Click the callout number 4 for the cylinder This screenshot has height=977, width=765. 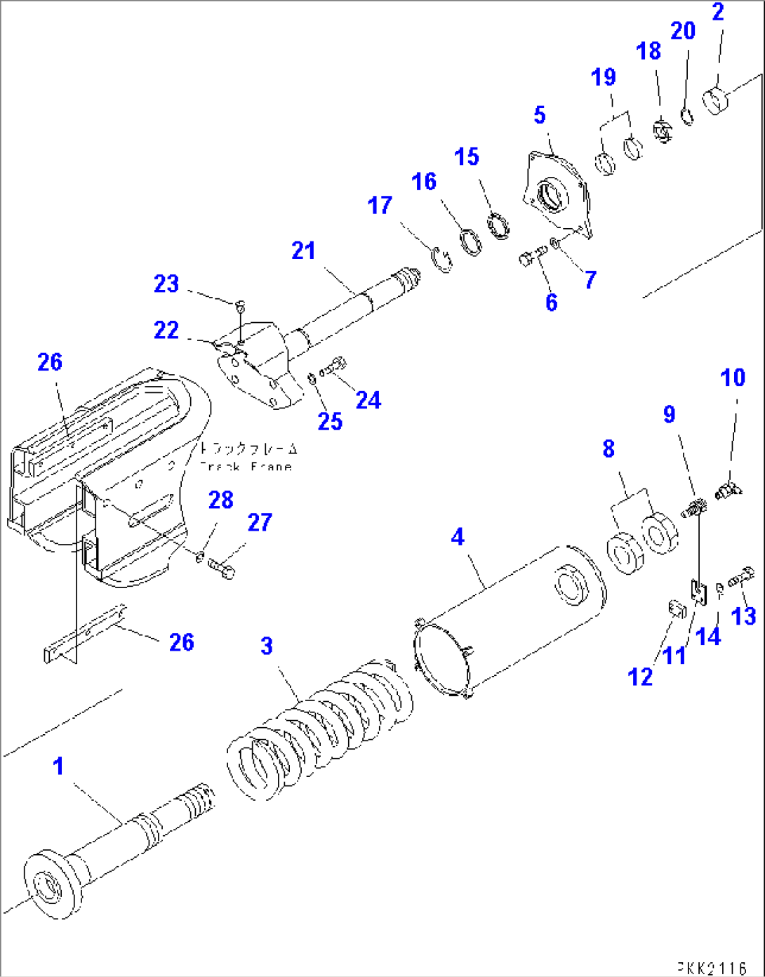[458, 537]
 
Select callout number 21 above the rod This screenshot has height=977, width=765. [303, 251]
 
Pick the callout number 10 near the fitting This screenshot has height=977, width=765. [733, 378]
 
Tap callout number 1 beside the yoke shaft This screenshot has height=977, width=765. [59, 766]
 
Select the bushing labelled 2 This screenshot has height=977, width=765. [717, 100]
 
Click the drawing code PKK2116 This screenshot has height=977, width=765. [712, 969]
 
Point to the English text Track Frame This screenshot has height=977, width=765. [246, 467]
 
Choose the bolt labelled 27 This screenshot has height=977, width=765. [222, 566]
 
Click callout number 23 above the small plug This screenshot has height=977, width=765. [166, 284]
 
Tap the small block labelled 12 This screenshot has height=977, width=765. [677, 608]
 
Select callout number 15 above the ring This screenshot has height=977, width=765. [467, 157]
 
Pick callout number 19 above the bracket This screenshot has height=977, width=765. [604, 77]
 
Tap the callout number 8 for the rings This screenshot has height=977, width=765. [608, 449]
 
